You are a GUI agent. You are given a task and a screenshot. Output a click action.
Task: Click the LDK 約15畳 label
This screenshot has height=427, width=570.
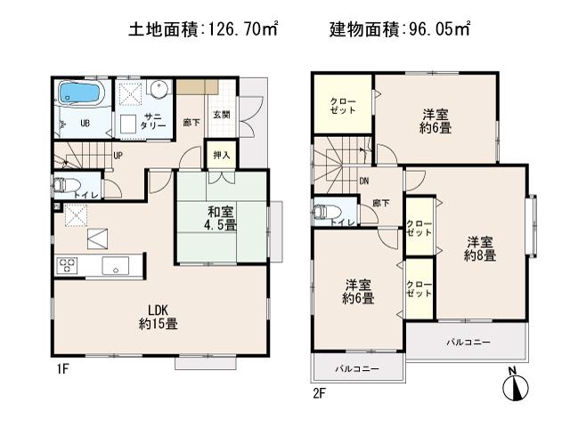click(159, 318)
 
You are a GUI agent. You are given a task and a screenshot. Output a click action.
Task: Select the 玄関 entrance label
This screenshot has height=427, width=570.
click(222, 114)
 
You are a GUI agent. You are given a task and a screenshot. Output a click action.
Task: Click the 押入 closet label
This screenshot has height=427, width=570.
click(221, 155)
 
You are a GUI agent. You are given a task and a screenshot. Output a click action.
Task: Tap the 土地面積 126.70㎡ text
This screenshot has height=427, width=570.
click(205, 30)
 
